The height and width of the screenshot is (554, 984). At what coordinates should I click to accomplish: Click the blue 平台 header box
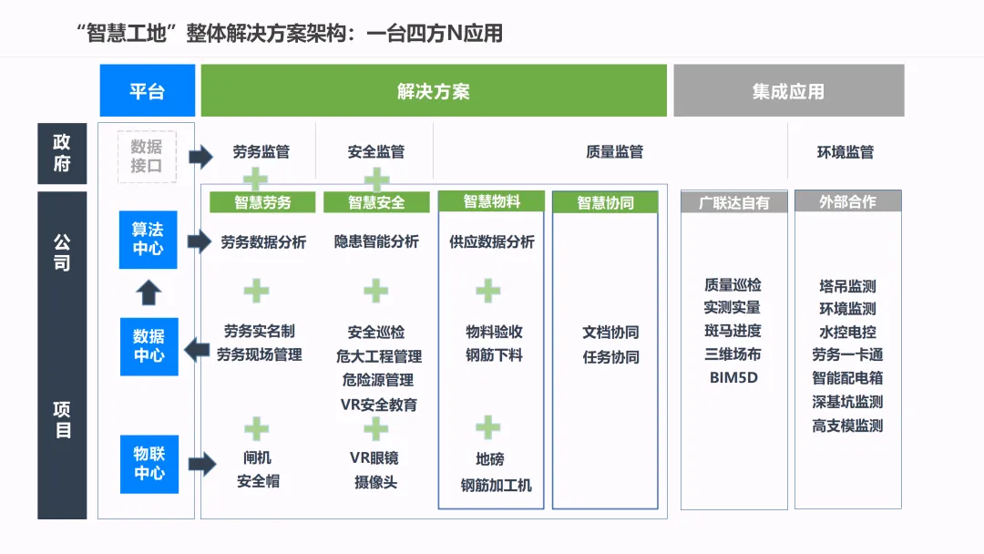147,91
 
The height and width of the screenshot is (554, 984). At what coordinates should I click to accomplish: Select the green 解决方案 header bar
434,91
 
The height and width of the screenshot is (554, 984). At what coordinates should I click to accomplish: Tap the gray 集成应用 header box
788,91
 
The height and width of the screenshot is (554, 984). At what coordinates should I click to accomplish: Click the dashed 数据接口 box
147,156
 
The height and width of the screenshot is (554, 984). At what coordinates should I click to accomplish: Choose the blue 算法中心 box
148,239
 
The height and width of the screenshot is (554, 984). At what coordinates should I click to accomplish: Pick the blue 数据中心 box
148,346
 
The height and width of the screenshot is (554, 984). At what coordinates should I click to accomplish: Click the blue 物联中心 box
149,464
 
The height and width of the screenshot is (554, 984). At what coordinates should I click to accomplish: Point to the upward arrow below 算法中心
149,292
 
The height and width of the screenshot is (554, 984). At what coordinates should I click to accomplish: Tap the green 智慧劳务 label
262,202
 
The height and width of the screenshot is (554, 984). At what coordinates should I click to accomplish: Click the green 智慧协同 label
605,202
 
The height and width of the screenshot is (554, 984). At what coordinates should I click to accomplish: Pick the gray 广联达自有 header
733,202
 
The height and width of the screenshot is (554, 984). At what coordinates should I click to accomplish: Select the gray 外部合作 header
847,201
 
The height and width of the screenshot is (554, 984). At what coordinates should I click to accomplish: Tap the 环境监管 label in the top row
845,152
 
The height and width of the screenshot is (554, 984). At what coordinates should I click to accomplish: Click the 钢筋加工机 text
496,485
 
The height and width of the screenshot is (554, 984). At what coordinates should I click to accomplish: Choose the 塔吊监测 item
847,285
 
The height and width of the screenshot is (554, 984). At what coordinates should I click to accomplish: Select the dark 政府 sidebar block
62,153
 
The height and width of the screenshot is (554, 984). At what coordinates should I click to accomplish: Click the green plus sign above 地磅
488,426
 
